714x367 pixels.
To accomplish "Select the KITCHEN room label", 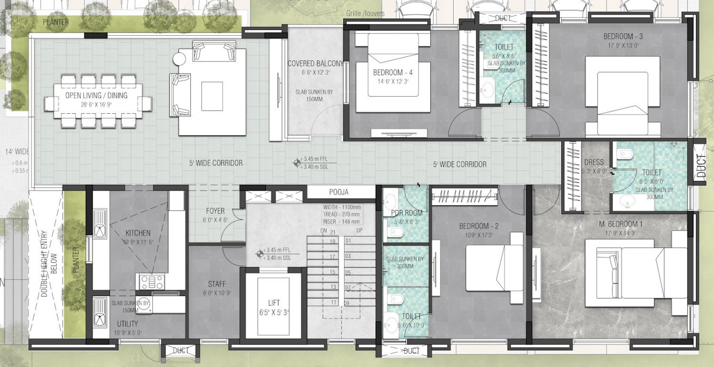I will click(x=138, y=233).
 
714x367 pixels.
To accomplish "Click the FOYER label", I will click(x=215, y=211).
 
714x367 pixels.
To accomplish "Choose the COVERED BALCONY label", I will click(x=315, y=64).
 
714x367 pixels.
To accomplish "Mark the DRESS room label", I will click(x=594, y=162).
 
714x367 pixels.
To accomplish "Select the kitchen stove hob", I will click(x=152, y=281).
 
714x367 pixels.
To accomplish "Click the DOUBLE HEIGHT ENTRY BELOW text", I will click(x=47, y=261).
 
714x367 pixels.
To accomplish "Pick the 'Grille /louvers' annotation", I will click(x=364, y=13).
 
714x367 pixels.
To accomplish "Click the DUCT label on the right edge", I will click(x=701, y=166).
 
